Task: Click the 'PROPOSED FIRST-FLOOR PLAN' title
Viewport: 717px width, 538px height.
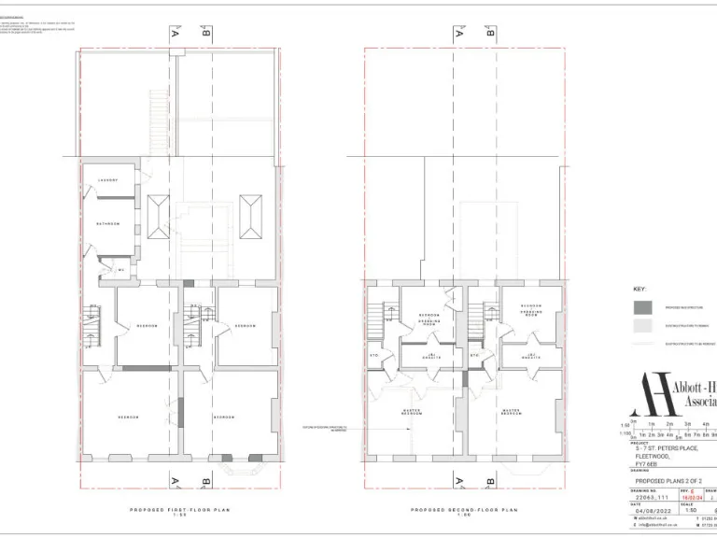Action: (177, 510)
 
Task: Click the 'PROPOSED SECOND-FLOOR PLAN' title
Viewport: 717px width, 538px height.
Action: (464, 510)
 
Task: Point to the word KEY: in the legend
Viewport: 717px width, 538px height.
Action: (640, 290)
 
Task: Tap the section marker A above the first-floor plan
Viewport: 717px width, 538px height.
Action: (174, 35)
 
